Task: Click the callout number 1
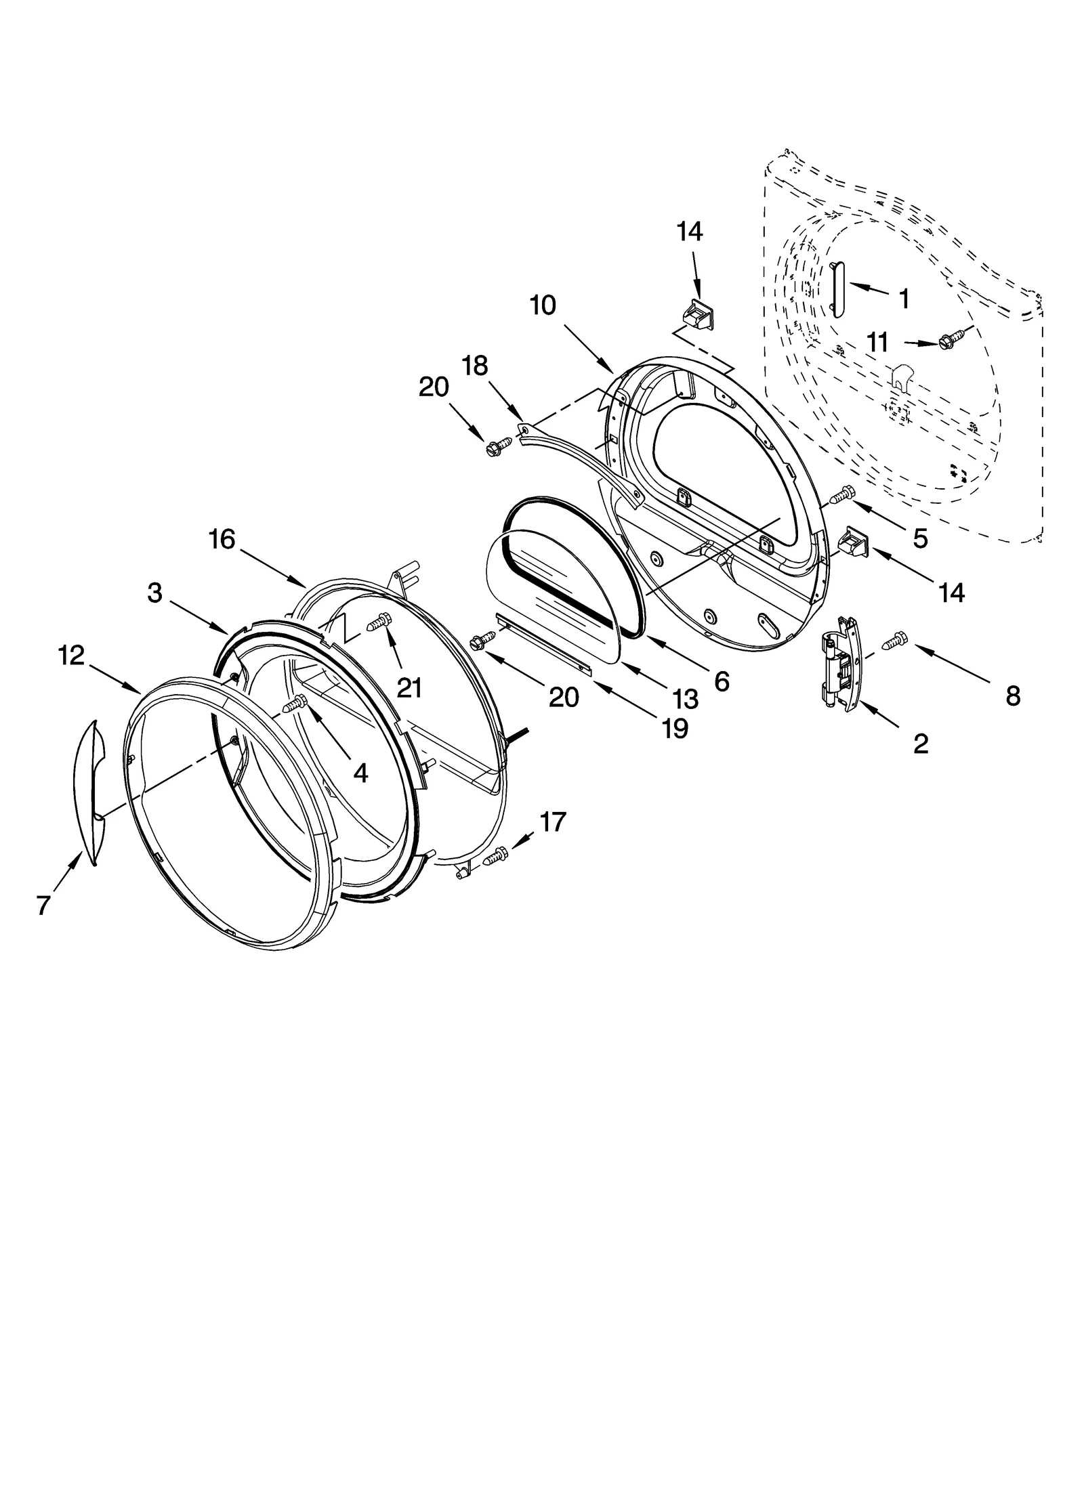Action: point(904,298)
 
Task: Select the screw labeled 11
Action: point(949,339)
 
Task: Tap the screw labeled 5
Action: point(843,496)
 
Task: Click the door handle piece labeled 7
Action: point(88,792)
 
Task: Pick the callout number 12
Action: point(71,655)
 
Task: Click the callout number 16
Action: point(222,539)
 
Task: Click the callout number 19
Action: point(675,727)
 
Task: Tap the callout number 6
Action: point(722,682)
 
